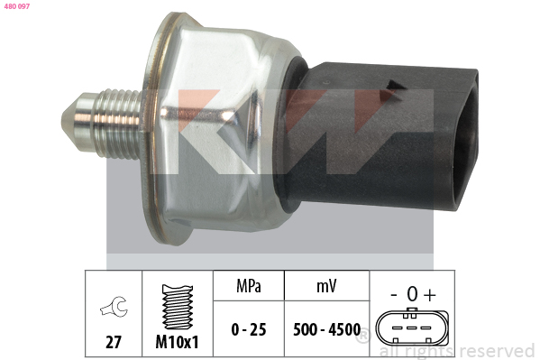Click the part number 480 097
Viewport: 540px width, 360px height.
point(17,6)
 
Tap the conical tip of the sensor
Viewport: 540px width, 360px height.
point(69,122)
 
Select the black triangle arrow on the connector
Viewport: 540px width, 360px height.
point(395,85)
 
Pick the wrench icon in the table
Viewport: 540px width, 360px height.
point(114,307)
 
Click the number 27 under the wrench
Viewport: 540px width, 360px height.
point(114,342)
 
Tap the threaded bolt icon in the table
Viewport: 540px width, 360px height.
point(178,307)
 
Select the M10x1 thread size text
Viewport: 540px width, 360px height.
point(177,342)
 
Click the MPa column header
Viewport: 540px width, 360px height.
point(249,286)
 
